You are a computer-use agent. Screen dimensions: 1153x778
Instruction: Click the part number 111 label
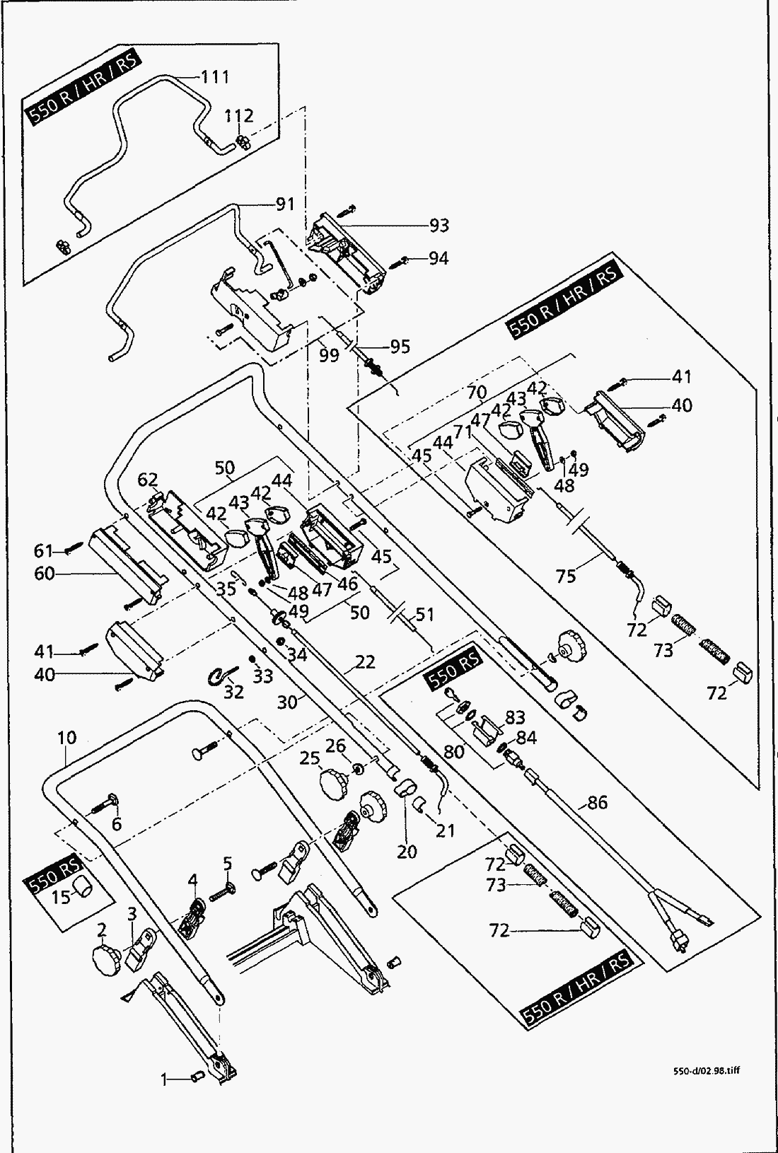point(216,77)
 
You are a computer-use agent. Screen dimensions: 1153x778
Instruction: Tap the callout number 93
point(439,226)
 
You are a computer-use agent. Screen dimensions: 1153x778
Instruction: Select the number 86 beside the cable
point(597,802)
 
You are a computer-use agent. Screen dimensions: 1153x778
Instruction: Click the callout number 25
point(310,759)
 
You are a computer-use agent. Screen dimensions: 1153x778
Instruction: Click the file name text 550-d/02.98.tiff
point(707,1070)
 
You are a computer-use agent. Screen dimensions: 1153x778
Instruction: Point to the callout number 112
point(240,115)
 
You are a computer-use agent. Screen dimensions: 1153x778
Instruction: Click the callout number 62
point(148,480)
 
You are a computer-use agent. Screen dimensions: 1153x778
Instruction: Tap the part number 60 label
point(44,573)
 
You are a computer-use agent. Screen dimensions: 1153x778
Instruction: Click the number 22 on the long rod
point(365,661)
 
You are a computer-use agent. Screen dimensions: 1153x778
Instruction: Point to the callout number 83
point(515,717)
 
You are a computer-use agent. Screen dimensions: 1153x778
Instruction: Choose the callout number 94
point(439,259)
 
